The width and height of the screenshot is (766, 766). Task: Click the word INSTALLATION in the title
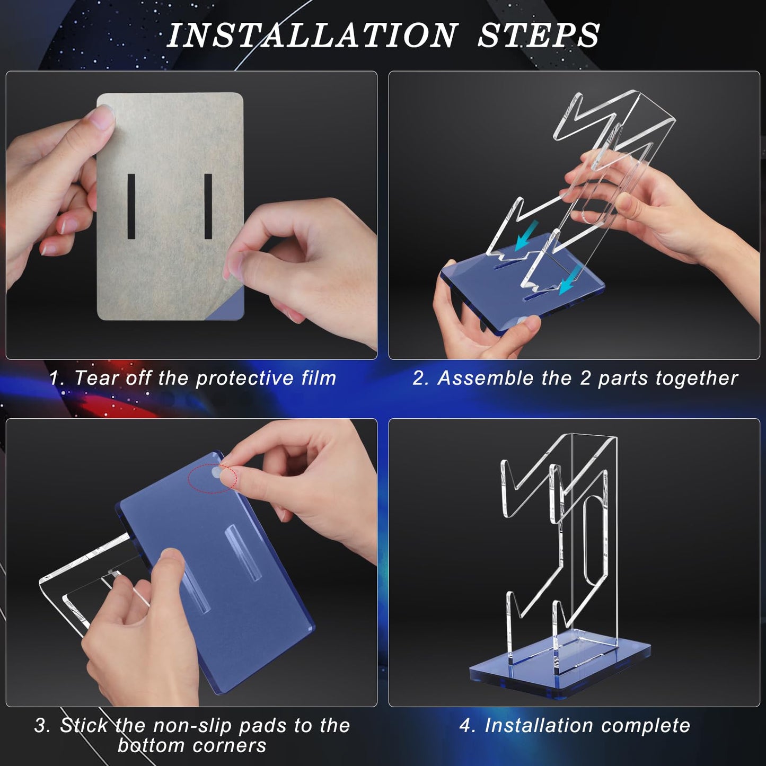(313, 36)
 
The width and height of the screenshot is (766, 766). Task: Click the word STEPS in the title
(539, 36)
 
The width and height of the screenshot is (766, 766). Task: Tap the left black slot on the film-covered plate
(131, 206)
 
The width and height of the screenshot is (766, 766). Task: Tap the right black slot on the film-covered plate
(208, 206)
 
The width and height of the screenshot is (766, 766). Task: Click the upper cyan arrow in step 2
(526, 236)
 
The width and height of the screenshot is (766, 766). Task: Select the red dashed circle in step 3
(213, 479)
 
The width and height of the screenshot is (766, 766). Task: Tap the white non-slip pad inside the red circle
(216, 473)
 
